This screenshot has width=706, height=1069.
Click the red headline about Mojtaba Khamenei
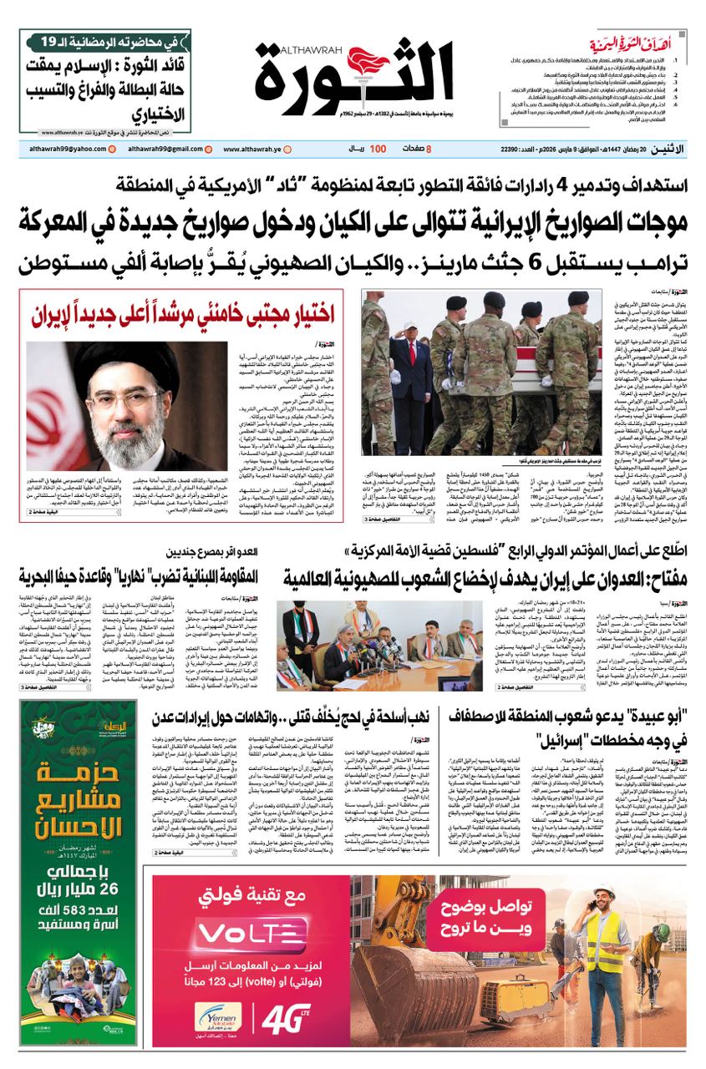(183, 315)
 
